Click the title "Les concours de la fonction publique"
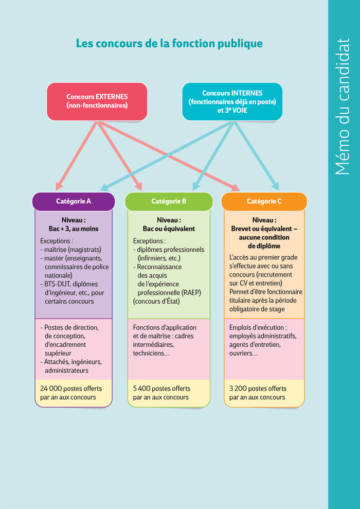click(x=169, y=44)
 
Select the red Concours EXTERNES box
click(x=97, y=101)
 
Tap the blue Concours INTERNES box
click(x=232, y=101)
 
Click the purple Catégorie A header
click(x=74, y=201)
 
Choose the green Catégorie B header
click(x=169, y=201)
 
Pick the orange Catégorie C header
click(x=264, y=201)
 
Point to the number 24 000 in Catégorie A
click(x=51, y=389)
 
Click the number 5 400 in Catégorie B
click(x=142, y=389)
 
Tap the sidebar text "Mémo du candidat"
click(x=343, y=107)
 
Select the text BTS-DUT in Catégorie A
click(x=57, y=284)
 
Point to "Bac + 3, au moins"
click(x=74, y=229)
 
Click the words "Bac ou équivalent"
click(x=169, y=229)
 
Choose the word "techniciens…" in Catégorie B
click(x=152, y=353)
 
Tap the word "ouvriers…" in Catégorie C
click(x=244, y=353)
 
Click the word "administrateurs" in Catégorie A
click(x=66, y=371)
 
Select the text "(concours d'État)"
click(x=156, y=301)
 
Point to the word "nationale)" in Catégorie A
click(x=59, y=275)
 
